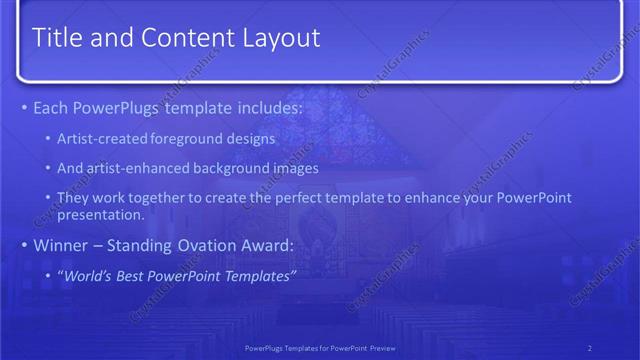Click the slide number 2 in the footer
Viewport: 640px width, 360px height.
click(x=589, y=347)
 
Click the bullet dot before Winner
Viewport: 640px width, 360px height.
click(x=23, y=245)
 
